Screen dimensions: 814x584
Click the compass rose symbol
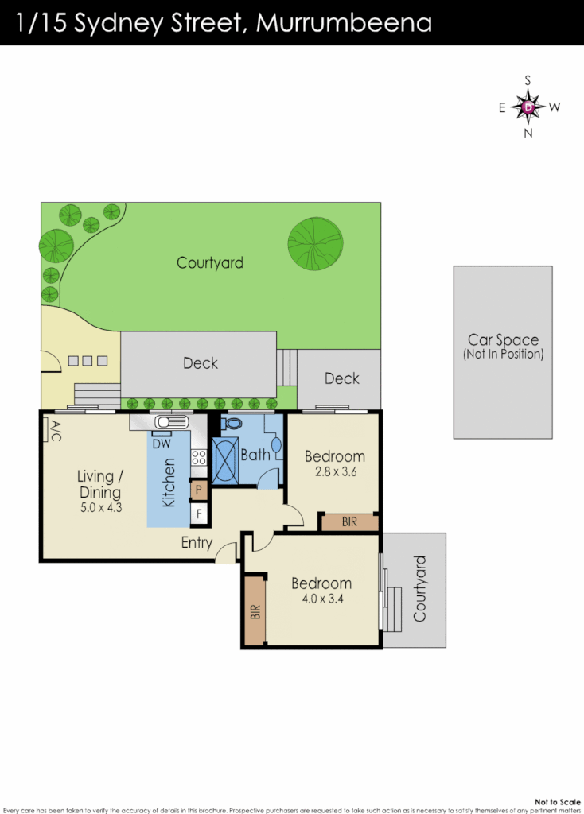(x=528, y=107)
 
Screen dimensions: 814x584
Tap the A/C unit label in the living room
(x=55, y=430)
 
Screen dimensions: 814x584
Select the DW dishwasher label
(x=161, y=443)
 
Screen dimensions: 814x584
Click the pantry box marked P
(x=199, y=490)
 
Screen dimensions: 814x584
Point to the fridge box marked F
(x=199, y=514)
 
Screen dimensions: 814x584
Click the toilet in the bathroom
(x=233, y=424)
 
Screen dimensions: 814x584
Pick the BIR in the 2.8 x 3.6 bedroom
(x=348, y=522)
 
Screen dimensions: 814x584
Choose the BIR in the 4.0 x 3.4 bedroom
(x=255, y=611)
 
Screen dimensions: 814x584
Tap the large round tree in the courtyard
(x=316, y=242)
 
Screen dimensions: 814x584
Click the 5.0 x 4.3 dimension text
(x=99, y=506)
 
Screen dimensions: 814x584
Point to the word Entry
(x=197, y=544)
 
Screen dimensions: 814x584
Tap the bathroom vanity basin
(x=276, y=446)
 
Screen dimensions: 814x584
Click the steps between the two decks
(x=286, y=366)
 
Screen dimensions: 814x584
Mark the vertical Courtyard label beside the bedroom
(x=421, y=589)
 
